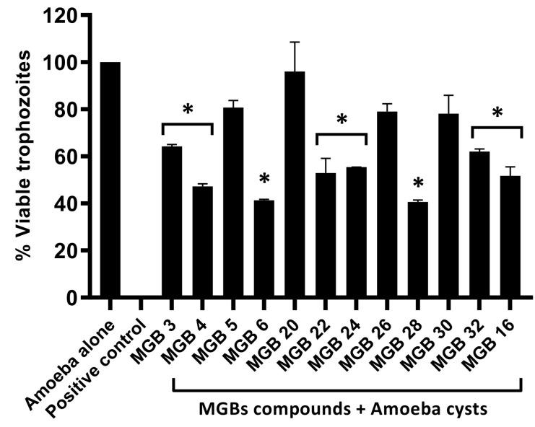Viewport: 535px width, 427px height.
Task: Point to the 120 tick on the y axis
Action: click(x=85, y=15)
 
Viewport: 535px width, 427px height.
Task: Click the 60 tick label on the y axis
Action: click(x=64, y=157)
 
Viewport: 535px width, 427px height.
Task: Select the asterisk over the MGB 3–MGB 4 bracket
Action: click(x=188, y=110)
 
